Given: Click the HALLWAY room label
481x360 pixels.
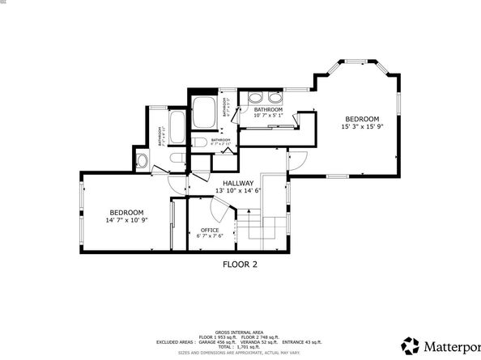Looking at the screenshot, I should pyautogui.click(x=239, y=184).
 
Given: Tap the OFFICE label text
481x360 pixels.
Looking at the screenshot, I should pyautogui.click(x=210, y=231).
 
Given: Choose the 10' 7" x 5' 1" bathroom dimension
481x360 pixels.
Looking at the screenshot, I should pyautogui.click(x=268, y=115).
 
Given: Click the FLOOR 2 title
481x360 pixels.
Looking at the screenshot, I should pyautogui.click(x=240, y=264).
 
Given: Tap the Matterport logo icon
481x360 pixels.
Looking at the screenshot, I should pyautogui.click(x=411, y=345).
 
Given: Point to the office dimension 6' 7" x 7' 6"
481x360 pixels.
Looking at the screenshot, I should pyautogui.click(x=210, y=238).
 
